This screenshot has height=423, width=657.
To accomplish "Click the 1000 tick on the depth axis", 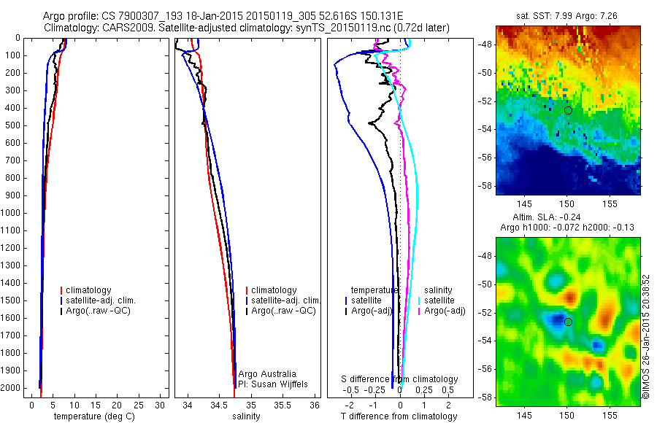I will (11, 213).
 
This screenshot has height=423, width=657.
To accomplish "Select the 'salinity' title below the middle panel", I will (246, 416).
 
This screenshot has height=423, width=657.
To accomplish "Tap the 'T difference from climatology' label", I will (399, 416).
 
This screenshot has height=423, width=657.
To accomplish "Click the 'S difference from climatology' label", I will (400, 379).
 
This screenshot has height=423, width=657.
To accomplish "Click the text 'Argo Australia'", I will (266, 373).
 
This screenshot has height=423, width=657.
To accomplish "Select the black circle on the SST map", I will (568, 110).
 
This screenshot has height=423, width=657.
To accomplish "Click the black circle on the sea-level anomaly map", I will (568, 322).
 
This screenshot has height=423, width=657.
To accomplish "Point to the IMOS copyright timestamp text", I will (646, 336).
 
